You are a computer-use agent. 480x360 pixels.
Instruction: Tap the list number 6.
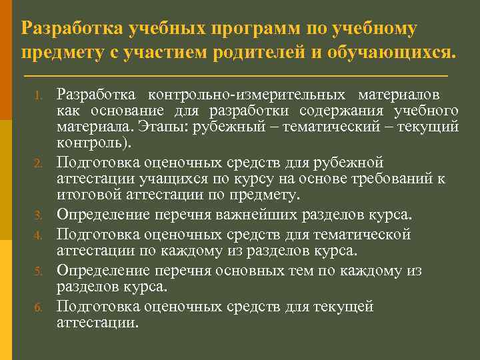pyautogui.click(x=39, y=308)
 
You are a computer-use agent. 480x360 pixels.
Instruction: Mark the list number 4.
pyautogui.click(x=39, y=235)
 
